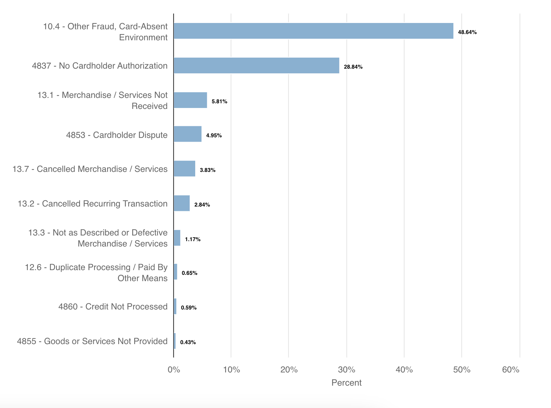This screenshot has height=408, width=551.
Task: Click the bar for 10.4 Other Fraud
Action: pyautogui.click(x=313, y=31)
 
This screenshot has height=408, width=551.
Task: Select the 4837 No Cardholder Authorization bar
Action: pyautogui.click(x=256, y=65)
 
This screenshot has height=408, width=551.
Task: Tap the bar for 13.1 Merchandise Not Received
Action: pyautogui.click(x=190, y=100)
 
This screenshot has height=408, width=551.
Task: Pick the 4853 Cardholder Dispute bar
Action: pyautogui.click(x=188, y=134)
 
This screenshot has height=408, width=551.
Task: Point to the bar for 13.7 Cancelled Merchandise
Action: pyautogui.click(x=185, y=169)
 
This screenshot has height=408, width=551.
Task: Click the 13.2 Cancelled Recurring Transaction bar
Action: pyautogui.click(x=182, y=203)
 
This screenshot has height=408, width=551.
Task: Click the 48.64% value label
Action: pyautogui.click(x=467, y=32)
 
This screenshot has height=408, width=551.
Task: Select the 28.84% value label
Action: pyautogui.click(x=353, y=67)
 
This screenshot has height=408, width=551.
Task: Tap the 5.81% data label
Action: pyautogui.click(x=219, y=101)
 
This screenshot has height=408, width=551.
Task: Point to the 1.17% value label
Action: pyautogui.click(x=192, y=239)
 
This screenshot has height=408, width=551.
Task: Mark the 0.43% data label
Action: pyautogui.click(x=188, y=342)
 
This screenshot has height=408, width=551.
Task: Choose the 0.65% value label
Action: pyautogui.click(x=189, y=273)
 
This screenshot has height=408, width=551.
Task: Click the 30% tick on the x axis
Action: pyautogui.click(x=346, y=370)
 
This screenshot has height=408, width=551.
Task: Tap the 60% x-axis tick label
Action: pyautogui.click(x=510, y=370)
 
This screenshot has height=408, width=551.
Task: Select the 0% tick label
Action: pyautogui.click(x=174, y=370)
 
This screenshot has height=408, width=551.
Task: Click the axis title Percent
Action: pyautogui.click(x=346, y=383)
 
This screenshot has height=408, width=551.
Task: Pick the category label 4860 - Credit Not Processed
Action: pyautogui.click(x=113, y=307)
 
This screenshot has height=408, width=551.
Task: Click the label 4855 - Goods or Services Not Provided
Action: pyautogui.click(x=92, y=341)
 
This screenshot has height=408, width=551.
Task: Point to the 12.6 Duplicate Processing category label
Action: pyautogui.click(x=96, y=273)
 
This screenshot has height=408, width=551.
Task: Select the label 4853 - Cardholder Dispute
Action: pyautogui.click(x=116, y=135)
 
